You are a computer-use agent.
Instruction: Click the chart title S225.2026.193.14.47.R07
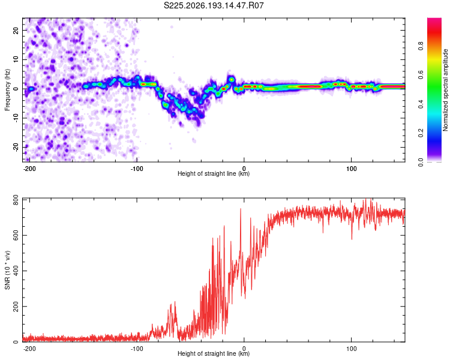tap(214, 5)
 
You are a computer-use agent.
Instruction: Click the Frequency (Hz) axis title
tap(7, 90)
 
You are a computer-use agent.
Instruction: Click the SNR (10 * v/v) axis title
tap(7, 270)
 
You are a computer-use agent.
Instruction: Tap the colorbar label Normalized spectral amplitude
tap(445, 90)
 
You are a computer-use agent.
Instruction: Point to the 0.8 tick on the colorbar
tap(421, 46)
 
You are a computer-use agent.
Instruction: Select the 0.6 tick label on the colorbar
tap(421, 75)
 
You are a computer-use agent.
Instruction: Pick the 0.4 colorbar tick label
tap(421, 104)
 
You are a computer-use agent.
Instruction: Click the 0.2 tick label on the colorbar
tap(421, 133)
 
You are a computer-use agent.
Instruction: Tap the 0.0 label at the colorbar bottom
tap(421, 163)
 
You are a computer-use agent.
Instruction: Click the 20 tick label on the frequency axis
tap(16, 30)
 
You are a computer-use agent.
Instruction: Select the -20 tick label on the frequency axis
tap(16, 148)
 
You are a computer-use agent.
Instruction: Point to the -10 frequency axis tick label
tap(16, 118)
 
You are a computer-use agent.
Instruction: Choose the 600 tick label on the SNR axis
tap(16, 235)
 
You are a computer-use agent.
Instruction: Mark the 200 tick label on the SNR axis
tap(16, 307)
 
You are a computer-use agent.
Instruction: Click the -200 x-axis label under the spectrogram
tap(29, 169)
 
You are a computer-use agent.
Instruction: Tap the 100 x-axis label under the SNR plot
tap(351, 349)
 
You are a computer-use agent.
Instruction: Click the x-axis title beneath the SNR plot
tap(214, 353)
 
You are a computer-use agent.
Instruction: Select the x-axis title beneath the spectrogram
tap(214, 173)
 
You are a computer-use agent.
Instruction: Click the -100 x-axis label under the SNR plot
tap(137, 349)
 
